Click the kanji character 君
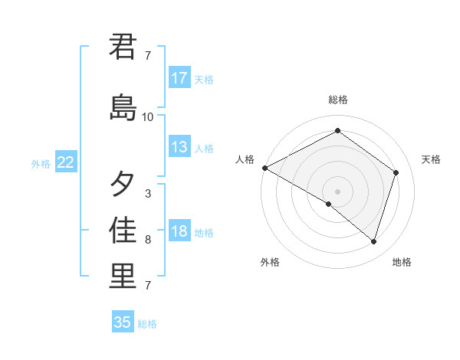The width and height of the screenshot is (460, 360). click(123, 47)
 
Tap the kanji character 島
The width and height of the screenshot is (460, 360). click(123, 107)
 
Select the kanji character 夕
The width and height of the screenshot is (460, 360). click(123, 184)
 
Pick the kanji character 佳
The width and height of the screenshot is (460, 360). click(123, 231)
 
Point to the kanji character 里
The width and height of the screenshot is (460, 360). click(123, 277)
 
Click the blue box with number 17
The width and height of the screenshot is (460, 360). click(179, 78)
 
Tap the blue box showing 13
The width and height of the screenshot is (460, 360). click(179, 147)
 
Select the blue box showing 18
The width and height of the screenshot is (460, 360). click(179, 231)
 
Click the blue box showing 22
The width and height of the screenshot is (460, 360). click(66, 162)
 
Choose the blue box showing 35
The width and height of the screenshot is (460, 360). click(123, 322)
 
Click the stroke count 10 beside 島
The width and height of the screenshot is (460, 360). click(148, 117)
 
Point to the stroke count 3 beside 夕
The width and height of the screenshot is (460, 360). click(148, 194)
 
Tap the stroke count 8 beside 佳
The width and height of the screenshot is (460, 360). click(148, 240)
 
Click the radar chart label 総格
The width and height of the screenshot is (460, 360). click(337, 100)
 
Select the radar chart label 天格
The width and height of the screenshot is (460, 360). click(432, 159)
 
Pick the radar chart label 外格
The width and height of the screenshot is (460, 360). click(269, 262)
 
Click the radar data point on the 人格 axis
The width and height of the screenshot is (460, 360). click(264, 168)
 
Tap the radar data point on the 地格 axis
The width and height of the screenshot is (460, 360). click(373, 241)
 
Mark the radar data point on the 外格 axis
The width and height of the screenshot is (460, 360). click(329, 204)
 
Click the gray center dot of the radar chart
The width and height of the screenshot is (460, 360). click(337, 191)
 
